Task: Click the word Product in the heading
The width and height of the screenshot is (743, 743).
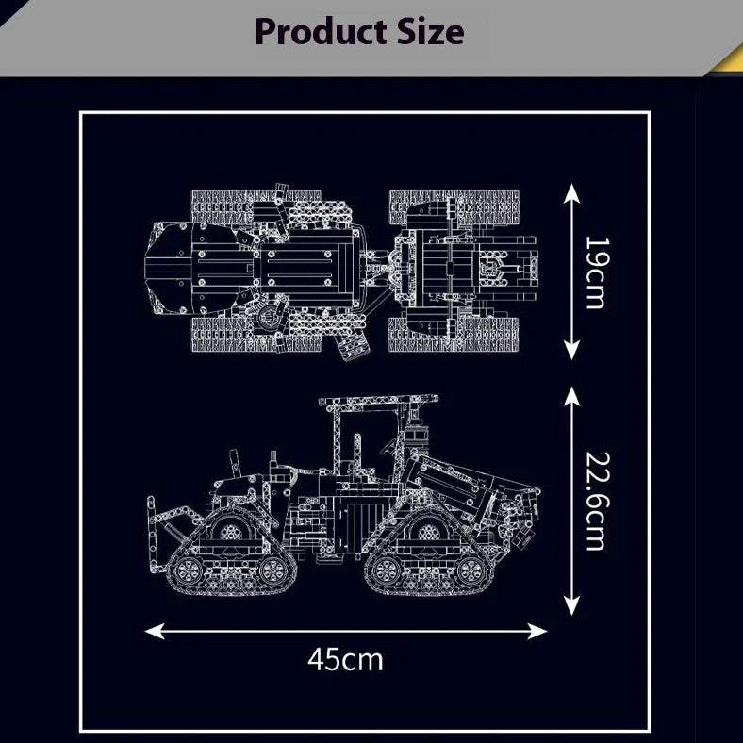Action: pyautogui.click(x=321, y=32)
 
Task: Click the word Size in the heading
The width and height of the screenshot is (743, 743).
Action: pyautogui.click(x=430, y=31)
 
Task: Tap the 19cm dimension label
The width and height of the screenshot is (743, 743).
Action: pyautogui.click(x=597, y=272)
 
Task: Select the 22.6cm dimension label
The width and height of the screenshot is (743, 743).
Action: pyautogui.click(x=597, y=501)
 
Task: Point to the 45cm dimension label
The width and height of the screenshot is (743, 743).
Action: pyautogui.click(x=345, y=660)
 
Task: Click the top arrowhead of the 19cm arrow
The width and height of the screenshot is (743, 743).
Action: pyautogui.click(x=572, y=193)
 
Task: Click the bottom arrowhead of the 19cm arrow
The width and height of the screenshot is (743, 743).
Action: pyautogui.click(x=572, y=351)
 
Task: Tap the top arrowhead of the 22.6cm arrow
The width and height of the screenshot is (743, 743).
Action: pyautogui.click(x=572, y=396)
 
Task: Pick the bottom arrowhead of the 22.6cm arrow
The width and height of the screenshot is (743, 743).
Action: pyautogui.click(x=572, y=605)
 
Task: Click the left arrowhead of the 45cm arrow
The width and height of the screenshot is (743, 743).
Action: pyautogui.click(x=155, y=631)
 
